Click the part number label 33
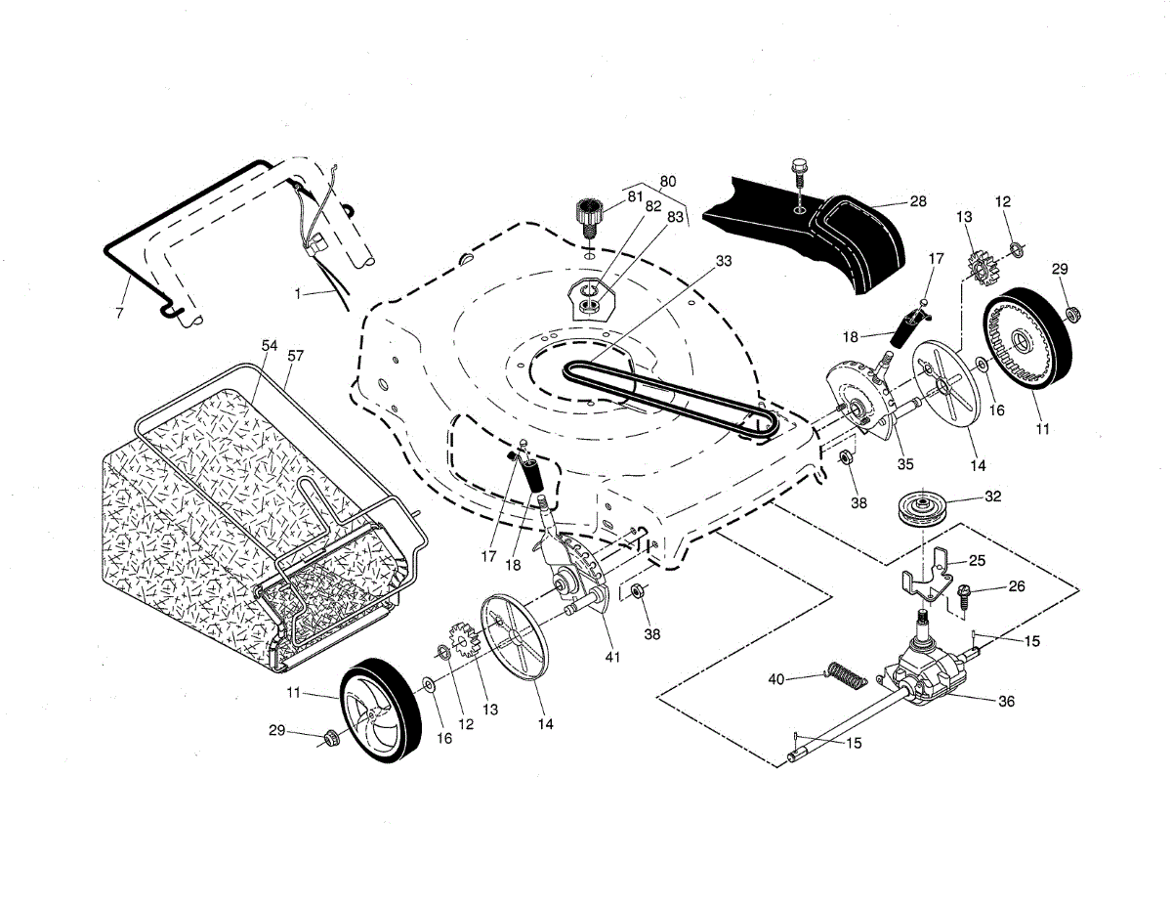724,261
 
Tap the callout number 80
668,182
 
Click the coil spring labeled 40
847,675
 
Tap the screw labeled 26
961,598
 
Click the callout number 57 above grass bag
296,356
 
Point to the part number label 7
119,313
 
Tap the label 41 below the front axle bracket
612,657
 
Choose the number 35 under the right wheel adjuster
905,464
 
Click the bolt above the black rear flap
798,174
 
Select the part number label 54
270,345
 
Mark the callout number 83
675,217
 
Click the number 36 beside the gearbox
1006,702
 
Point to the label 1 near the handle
298,293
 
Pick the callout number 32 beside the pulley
992,496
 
